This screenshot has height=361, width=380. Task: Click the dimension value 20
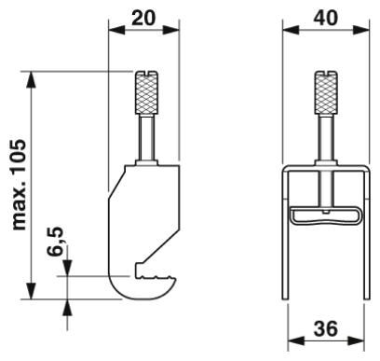coord(143,19)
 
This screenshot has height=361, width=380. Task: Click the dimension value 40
coord(325,19)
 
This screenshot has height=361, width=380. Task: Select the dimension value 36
coord(325,328)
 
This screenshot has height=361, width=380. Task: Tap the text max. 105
coord(19,185)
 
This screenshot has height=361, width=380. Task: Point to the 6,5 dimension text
coord(55,242)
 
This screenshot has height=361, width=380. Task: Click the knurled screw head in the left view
coord(146,92)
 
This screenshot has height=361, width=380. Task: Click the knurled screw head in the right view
coord(326,92)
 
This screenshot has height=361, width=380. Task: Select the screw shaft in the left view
coord(146,138)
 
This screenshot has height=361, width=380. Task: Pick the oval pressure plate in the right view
coord(326,215)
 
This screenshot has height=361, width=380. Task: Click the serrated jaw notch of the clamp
coord(156,272)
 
